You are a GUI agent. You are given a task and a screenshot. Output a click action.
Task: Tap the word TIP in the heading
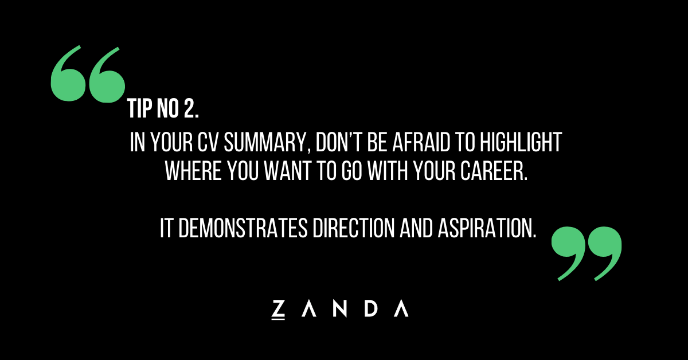coord(140,108)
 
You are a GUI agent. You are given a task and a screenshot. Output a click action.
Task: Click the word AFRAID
coord(421,142)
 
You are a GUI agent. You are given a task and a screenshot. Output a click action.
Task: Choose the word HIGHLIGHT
coord(521,142)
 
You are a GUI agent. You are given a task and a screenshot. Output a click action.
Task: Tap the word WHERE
coord(193,171)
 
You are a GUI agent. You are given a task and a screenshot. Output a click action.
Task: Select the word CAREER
coord(493,171)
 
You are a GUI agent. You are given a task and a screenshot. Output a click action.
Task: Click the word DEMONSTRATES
coord(243,228)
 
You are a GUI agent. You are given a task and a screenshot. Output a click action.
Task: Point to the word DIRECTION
coord(354,228)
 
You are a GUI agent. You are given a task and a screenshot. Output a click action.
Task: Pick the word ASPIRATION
coord(487,228)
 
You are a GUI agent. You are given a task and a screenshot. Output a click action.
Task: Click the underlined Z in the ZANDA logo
coord(278,310)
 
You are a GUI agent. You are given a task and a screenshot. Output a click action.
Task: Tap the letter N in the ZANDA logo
coord(340,308)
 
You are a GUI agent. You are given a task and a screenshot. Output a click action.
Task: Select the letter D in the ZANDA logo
coord(371,308)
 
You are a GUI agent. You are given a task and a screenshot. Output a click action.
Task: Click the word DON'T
coord(338,142)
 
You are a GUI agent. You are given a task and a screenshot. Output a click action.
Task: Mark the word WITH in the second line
coord(388,171)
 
